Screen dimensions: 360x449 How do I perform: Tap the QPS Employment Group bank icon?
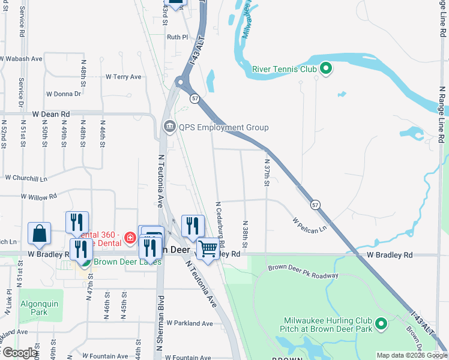click(x=169, y=127)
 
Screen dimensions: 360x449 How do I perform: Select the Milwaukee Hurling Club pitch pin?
click(x=381, y=325)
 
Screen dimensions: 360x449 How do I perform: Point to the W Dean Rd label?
click(x=51, y=113)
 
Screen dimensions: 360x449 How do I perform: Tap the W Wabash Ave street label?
click(x=21, y=59)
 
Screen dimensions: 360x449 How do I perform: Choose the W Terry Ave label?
click(x=123, y=77)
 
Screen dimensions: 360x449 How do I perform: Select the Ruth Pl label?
click(x=177, y=37)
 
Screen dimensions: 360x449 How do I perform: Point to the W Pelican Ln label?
click(x=309, y=226)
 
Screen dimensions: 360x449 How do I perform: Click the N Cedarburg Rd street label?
click(x=221, y=224)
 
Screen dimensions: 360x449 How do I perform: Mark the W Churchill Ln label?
click(x=26, y=178)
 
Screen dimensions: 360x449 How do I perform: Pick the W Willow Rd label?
click(x=38, y=196)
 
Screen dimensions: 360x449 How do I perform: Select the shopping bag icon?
click(x=39, y=233)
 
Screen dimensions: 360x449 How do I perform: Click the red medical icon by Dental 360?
click(x=130, y=238)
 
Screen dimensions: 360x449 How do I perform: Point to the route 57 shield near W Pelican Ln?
click(x=315, y=205)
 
